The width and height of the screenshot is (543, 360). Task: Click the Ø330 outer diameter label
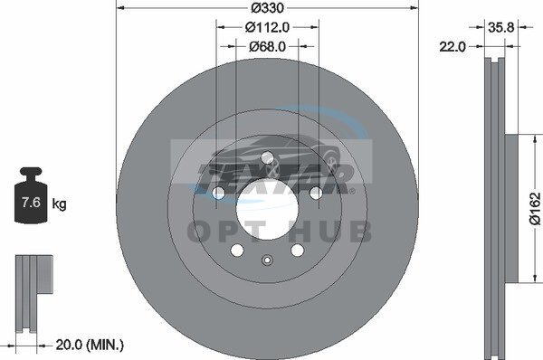pos(267,7)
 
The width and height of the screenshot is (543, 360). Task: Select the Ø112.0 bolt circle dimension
pos(267,27)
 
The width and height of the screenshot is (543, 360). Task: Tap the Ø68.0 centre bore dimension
pos(267,46)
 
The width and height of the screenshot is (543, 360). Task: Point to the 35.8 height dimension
pos(501,27)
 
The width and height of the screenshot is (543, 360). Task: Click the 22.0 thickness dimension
pos(452,46)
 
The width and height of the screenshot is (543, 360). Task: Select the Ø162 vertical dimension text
pos(535,208)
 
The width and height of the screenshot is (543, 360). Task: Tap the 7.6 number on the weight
pos(31,202)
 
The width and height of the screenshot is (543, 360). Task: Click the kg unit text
pos(59,204)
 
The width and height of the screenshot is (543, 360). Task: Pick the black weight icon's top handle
pos(31,172)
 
